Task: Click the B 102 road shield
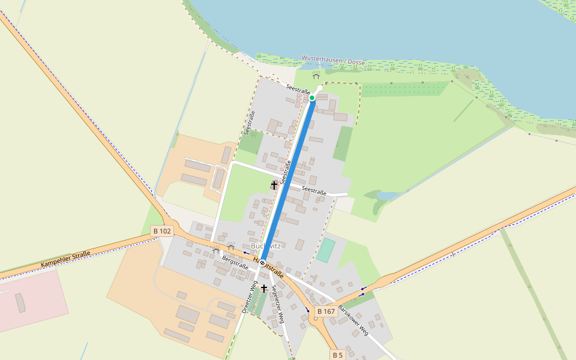pyautogui.click(x=162, y=231)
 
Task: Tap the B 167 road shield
pyautogui.click(x=326, y=311)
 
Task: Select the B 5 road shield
pyautogui.click(x=338, y=355)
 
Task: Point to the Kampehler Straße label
pyautogui.click(x=65, y=259)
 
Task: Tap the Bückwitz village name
pyautogui.click(x=266, y=246)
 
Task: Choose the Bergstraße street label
pyautogui.click(x=235, y=262)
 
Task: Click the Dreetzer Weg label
pyautogui.click(x=250, y=297)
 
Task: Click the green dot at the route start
pyautogui.click(x=312, y=98)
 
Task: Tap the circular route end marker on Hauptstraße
pyautogui.click(x=263, y=263)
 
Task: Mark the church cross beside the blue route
pyautogui.click(x=274, y=185)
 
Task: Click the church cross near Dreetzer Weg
pyautogui.click(x=263, y=289)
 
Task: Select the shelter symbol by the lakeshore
pyautogui.click(x=316, y=75)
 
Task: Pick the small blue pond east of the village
pyautogui.click(x=387, y=196)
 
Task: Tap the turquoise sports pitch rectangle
pyautogui.click(x=326, y=250)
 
